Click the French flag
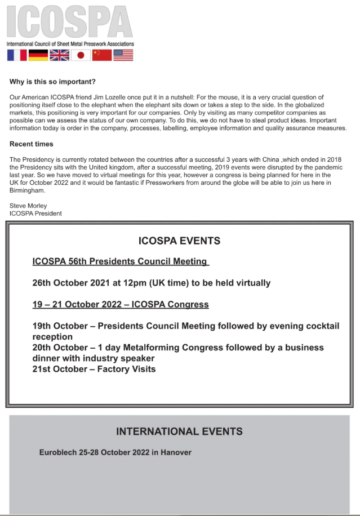(17, 55)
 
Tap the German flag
(38, 55)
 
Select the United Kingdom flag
(59, 55)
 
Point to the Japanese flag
(81, 55)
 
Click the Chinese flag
(102, 55)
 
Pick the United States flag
(123, 55)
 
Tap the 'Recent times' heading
(32, 144)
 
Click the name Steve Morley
(28, 206)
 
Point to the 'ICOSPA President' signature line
(35, 213)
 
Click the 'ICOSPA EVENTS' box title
(179, 241)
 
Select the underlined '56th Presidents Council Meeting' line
(121, 261)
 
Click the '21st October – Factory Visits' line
(94, 369)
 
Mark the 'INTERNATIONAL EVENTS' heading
(179, 432)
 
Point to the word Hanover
(176, 452)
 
